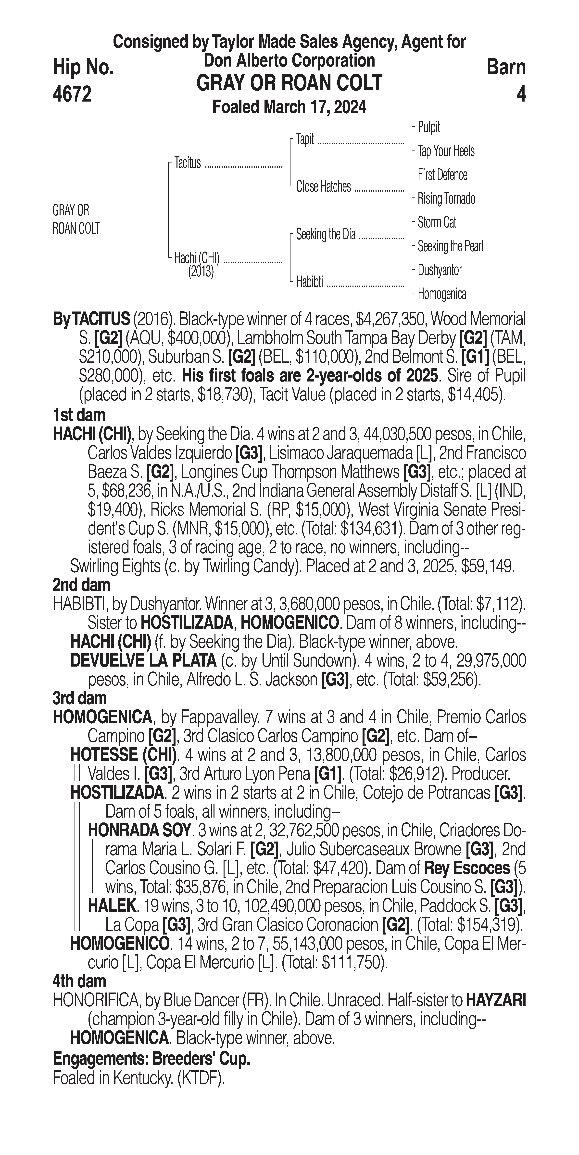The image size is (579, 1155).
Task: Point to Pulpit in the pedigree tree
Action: pos(429,127)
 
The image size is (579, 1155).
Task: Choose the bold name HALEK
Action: pos(112,906)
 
